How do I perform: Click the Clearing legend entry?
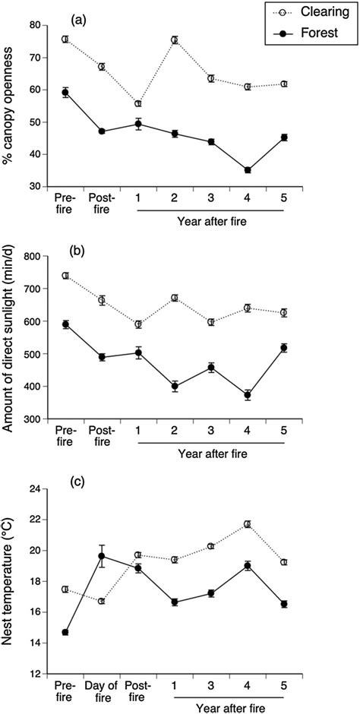click(x=311, y=13)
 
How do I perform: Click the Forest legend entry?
click(x=311, y=35)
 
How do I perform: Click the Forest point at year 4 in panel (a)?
click(x=248, y=170)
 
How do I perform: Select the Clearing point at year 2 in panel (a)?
click(x=175, y=40)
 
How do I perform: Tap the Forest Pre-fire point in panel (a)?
click(x=65, y=93)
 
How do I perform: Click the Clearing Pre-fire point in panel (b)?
click(x=65, y=276)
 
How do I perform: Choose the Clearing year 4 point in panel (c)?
click(x=248, y=524)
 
